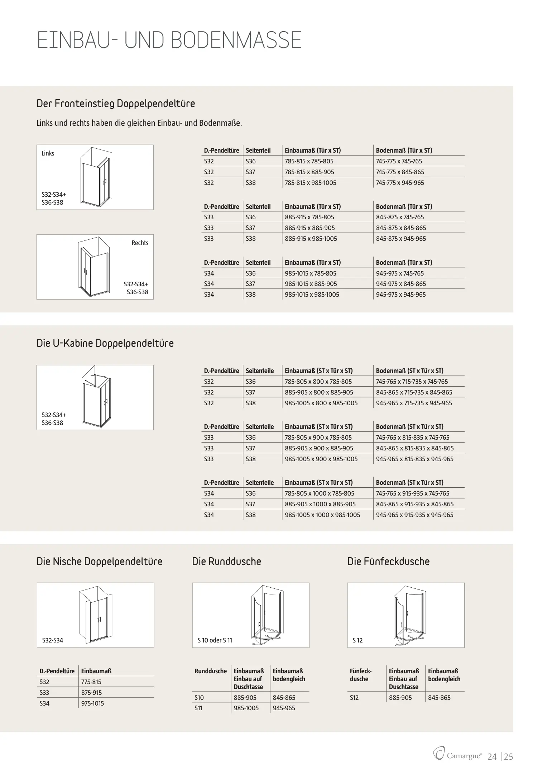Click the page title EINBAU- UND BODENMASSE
click(169, 40)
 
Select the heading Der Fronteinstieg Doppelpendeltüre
click(116, 104)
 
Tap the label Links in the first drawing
click(48, 153)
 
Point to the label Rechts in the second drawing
click(140, 243)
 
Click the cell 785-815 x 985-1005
click(310, 183)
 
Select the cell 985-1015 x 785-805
click(310, 273)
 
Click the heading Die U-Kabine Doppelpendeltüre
click(105, 343)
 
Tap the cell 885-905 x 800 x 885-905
click(319, 392)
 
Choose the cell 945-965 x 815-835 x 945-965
click(414, 459)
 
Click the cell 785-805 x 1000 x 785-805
click(319, 493)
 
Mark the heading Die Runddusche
click(226, 562)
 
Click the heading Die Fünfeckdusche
click(388, 562)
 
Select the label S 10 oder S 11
click(215, 640)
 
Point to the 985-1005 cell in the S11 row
click(246, 708)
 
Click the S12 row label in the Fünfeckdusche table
click(354, 698)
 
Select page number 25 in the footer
click(509, 756)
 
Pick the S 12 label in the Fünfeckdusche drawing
click(358, 640)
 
